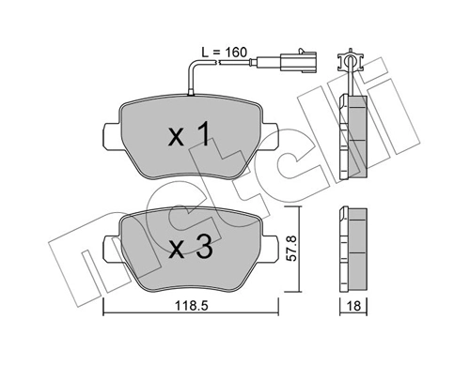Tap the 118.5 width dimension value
click(190, 305)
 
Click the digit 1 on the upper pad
click(202, 137)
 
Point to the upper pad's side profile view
click(354, 134)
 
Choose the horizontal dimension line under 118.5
click(190, 315)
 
